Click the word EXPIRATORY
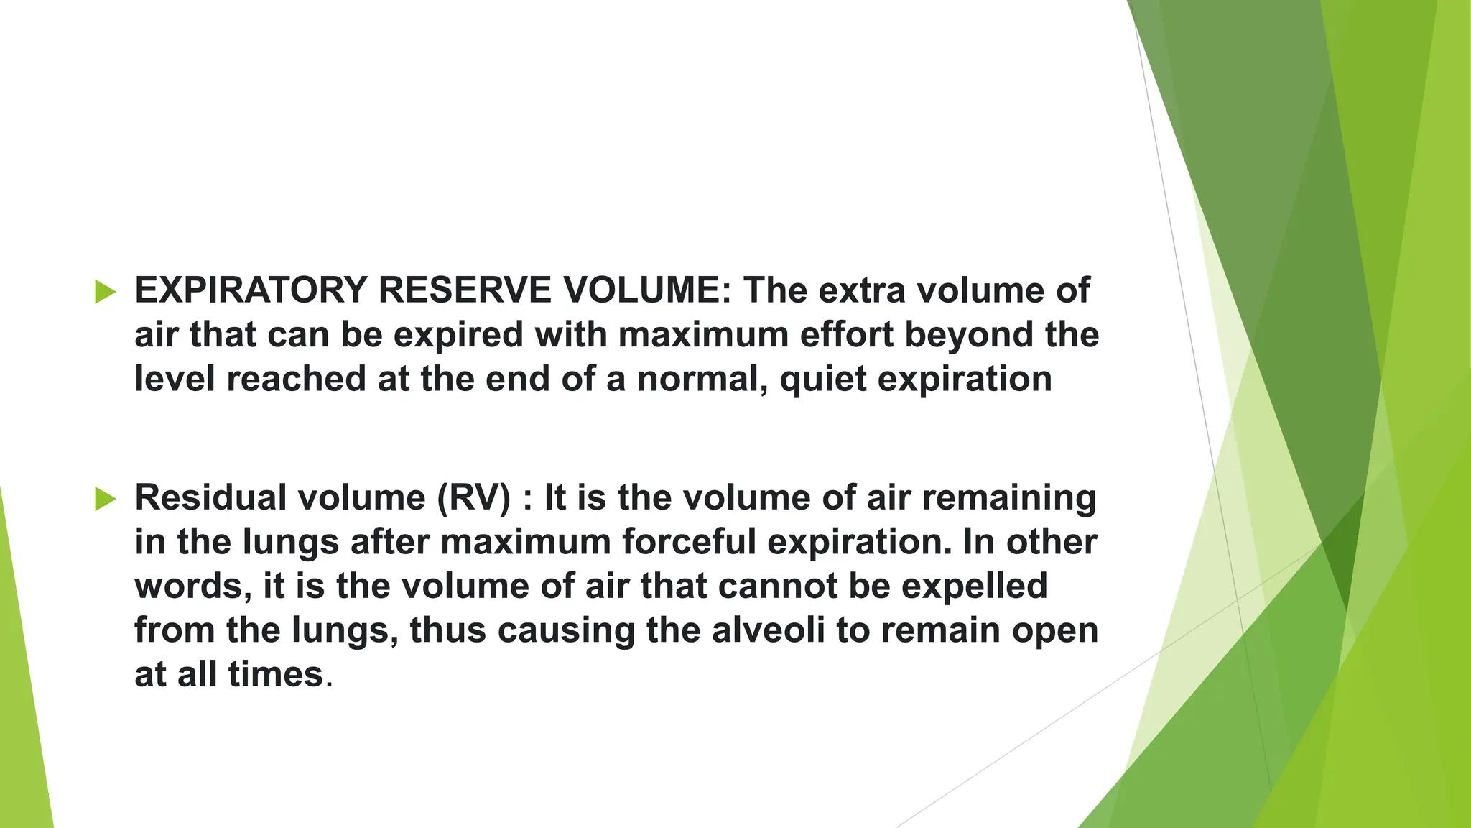click(x=251, y=290)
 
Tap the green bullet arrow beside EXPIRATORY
click(x=105, y=292)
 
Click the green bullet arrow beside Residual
click(x=105, y=499)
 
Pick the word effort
click(x=846, y=335)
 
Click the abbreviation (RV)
click(x=474, y=498)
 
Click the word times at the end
click(x=276, y=675)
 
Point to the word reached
click(x=296, y=379)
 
